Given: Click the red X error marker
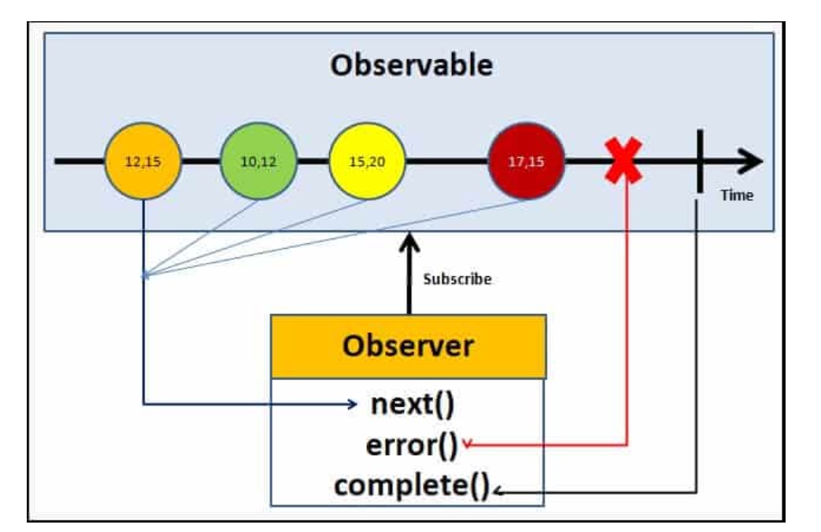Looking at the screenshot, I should (623, 161).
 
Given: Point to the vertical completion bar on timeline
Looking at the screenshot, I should (698, 161).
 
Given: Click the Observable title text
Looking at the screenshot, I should (412, 66).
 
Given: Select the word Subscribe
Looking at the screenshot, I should (457, 279).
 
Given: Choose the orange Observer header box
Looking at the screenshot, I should (409, 347).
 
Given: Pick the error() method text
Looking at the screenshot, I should (410, 445).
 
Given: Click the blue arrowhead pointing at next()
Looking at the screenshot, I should (353, 405).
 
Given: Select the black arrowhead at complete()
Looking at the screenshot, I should (498, 493).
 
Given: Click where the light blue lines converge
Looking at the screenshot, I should (144, 275).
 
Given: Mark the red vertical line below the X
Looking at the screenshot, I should (627, 315).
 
